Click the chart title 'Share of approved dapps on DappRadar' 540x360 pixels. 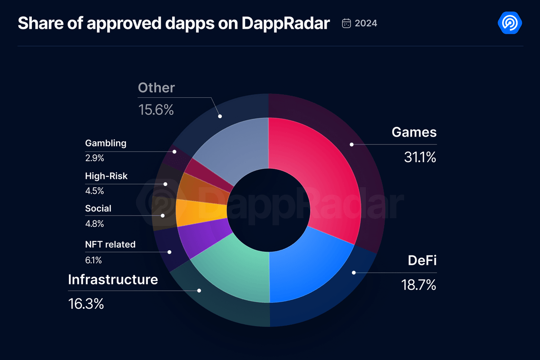[173, 23]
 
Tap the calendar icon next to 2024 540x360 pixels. [347, 23]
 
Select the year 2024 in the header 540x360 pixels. [366, 23]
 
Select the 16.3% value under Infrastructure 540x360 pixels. [86, 303]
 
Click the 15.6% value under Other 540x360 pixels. [156, 110]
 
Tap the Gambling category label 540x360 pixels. [106, 143]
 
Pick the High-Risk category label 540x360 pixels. [106, 176]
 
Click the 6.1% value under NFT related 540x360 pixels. [94, 260]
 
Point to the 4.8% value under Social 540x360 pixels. [94, 223]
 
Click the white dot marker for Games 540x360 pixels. [351, 144]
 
